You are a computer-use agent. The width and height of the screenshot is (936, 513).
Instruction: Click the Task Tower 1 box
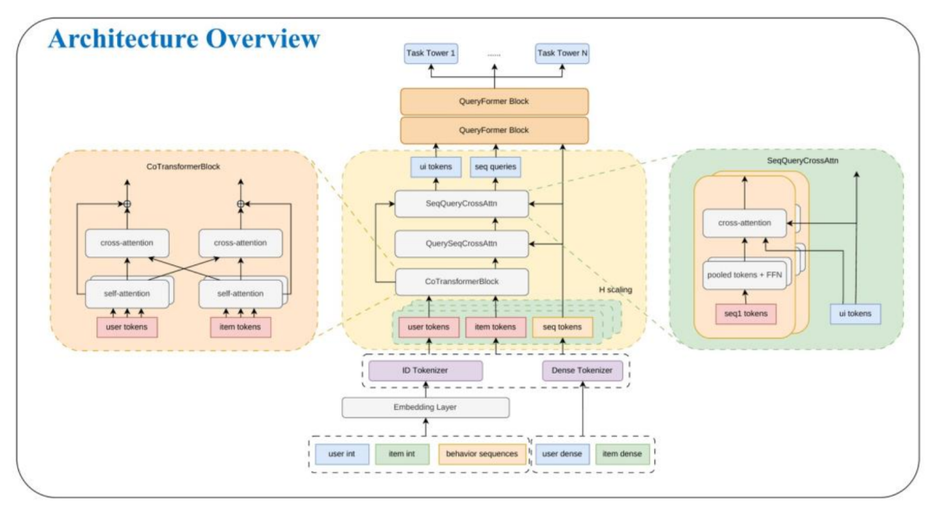(431, 53)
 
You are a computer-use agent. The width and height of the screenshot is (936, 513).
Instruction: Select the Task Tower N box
(562, 53)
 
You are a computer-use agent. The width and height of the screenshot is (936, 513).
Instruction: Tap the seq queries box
(496, 167)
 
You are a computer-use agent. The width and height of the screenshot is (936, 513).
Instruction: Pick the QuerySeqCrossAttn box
(461, 244)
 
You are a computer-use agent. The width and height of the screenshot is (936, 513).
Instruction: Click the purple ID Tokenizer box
(425, 371)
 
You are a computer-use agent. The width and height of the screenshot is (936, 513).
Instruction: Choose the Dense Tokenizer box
(582, 371)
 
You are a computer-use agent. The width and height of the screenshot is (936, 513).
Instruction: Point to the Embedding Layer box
(425, 407)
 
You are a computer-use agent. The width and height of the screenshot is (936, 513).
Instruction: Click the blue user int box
(341, 454)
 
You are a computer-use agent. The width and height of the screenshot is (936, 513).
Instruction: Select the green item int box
(402, 454)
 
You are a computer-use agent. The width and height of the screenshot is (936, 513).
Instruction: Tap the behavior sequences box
(482, 454)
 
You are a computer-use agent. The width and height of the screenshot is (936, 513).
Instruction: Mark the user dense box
(562, 454)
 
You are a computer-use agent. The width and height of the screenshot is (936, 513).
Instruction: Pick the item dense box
(622, 454)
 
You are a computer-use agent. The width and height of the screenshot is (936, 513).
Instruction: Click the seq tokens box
(562, 328)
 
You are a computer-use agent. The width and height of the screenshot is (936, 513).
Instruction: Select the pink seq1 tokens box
(745, 315)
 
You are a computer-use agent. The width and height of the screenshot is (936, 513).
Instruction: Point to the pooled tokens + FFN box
(744, 276)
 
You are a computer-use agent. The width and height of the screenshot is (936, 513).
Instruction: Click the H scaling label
(615, 289)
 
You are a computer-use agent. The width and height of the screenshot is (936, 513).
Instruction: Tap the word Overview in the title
(263, 38)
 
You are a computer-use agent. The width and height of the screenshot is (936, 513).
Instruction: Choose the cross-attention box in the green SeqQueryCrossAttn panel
(744, 224)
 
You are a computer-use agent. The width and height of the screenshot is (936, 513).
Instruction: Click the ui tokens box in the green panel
(855, 315)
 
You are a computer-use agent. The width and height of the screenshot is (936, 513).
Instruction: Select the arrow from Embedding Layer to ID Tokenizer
(426, 389)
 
